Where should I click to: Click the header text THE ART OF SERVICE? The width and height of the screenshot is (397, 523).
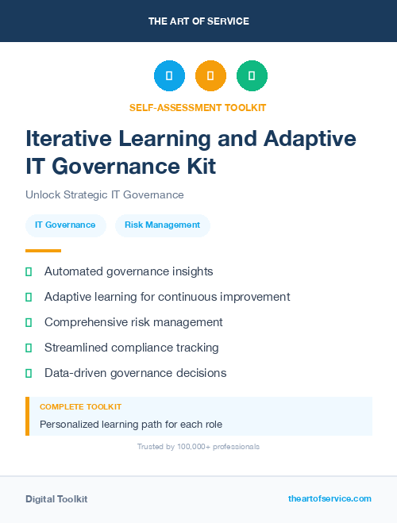point(198,21)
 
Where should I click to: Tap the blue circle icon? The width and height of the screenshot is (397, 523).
point(169,75)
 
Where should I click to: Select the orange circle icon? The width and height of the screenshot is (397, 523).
point(210,75)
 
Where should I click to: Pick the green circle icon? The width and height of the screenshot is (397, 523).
point(252,75)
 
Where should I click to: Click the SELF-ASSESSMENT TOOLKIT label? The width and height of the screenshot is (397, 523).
point(198,107)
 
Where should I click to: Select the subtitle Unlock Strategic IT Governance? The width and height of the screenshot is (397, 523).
point(105,194)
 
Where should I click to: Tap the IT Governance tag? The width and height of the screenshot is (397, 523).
point(65,225)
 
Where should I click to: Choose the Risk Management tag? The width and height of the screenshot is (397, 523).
point(162,225)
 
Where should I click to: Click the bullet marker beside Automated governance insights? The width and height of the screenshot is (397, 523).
point(29,271)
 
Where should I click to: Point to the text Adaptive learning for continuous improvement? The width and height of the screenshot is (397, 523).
point(167,297)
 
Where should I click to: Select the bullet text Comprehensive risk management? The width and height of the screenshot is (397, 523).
point(133,322)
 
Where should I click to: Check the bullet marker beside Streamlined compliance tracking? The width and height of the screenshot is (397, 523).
point(29,348)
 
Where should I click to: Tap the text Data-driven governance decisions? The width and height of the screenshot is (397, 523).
point(135,373)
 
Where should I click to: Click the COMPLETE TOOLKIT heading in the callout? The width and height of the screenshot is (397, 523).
point(80,407)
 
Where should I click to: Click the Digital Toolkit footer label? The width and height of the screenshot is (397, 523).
point(56,499)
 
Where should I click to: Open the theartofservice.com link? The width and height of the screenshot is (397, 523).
point(330,498)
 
